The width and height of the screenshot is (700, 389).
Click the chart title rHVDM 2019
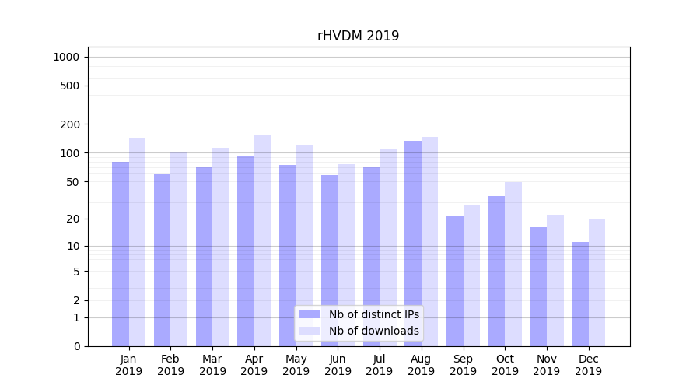[358, 36]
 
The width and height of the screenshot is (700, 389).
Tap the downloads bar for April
[262, 240]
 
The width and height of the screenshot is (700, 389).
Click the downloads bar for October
[513, 264]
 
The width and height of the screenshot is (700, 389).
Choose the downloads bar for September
[471, 275]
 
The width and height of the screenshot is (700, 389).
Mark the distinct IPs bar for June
[330, 260]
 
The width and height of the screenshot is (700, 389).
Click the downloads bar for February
[179, 249]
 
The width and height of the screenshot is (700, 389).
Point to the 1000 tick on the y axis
[66, 57]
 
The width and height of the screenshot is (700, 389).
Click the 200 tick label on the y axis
[70, 124]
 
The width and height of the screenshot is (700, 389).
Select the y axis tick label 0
[76, 346]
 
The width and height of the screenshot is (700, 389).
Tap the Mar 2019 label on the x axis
[212, 365]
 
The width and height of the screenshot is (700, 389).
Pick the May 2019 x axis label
[296, 365]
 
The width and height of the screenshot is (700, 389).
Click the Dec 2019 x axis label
[589, 365]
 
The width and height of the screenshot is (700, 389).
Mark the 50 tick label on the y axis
[72, 182]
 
